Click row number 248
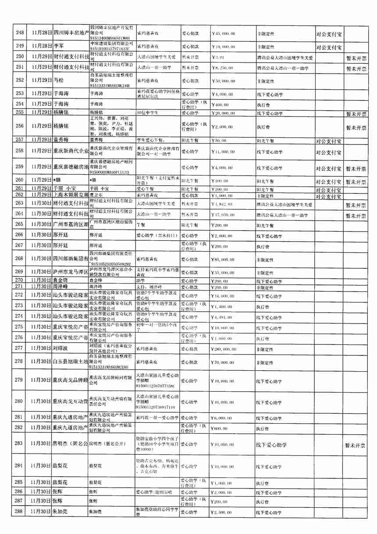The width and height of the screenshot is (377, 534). pyautogui.click(x=20, y=33)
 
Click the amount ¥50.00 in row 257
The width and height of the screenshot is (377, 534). pyautogui.click(x=219, y=140)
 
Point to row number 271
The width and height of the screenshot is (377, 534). pyautogui.click(x=20, y=286)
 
